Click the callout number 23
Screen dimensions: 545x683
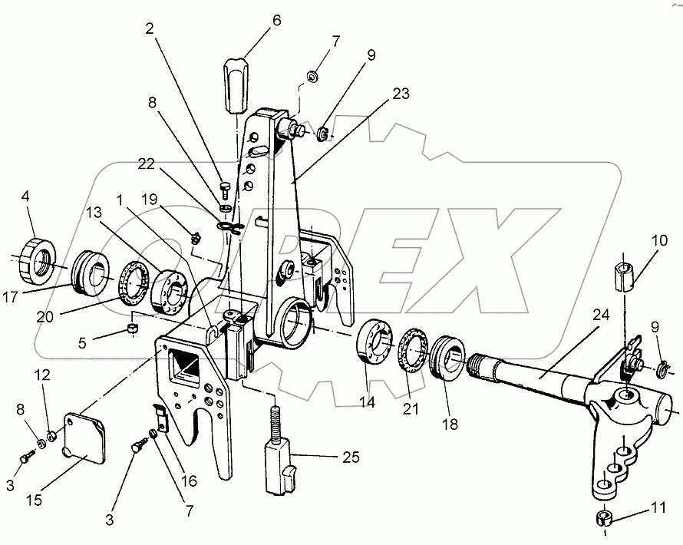400,94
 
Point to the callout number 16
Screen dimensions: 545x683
189,481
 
